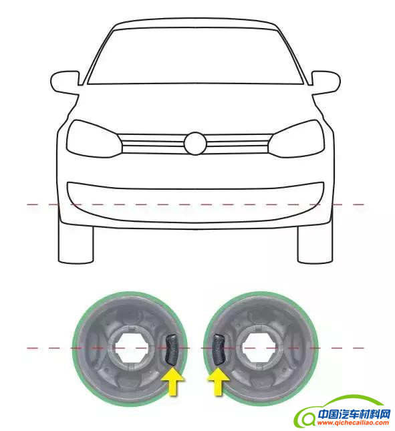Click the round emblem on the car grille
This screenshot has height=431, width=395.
[195, 144]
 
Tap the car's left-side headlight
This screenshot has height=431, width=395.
[94, 139]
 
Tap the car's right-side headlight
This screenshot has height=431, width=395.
[296, 139]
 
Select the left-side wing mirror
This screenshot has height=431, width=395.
[65, 83]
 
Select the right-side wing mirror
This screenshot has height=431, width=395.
[326, 83]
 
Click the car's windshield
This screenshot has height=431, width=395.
[195, 56]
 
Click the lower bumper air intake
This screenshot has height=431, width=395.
[195, 202]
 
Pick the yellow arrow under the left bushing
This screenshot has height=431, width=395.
[172, 382]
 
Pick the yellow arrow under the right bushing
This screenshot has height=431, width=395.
[219, 382]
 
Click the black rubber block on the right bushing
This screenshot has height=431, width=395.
[219, 349]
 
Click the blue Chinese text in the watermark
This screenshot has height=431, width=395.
[354, 414]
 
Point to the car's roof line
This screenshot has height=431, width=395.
[195, 20]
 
